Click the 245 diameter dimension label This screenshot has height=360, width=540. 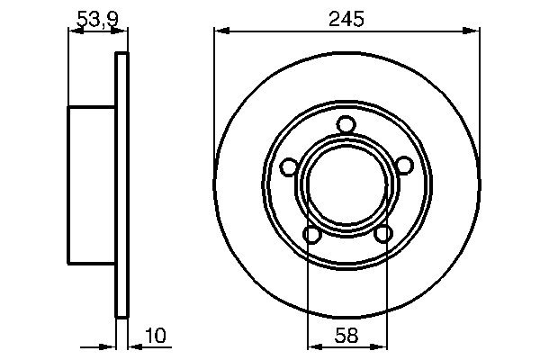click(346, 18)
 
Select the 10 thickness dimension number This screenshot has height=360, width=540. click(156, 337)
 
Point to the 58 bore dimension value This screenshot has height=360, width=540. click(346, 337)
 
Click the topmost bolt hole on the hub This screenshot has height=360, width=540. click(346, 125)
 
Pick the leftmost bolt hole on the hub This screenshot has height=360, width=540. click(289, 166)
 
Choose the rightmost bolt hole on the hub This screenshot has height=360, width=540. click(404, 165)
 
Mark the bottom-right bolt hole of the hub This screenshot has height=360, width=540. click(382, 234)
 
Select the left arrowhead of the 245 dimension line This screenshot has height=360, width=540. click(220, 31)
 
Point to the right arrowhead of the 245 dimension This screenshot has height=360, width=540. click(472, 31)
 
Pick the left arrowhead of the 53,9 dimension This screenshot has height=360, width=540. click(75, 31)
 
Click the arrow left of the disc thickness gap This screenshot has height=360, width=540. click(111, 346)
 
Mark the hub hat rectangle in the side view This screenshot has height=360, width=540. click(92, 184)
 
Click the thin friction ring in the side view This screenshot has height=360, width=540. click(122, 184)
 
